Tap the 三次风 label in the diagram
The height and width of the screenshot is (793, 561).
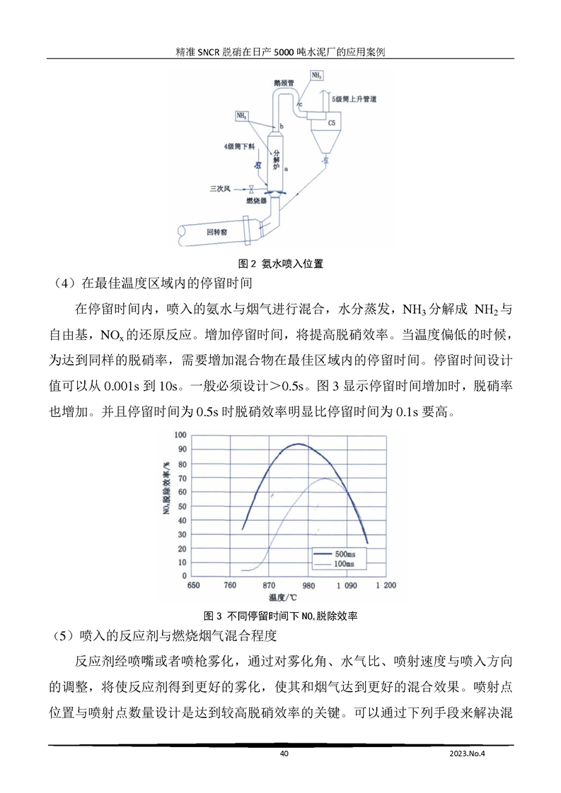[219, 189]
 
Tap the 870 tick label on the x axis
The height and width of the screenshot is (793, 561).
[268, 586]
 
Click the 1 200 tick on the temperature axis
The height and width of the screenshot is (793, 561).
[385, 586]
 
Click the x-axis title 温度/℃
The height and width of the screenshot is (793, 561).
[288, 599]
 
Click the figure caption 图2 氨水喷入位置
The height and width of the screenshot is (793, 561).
[281, 264]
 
